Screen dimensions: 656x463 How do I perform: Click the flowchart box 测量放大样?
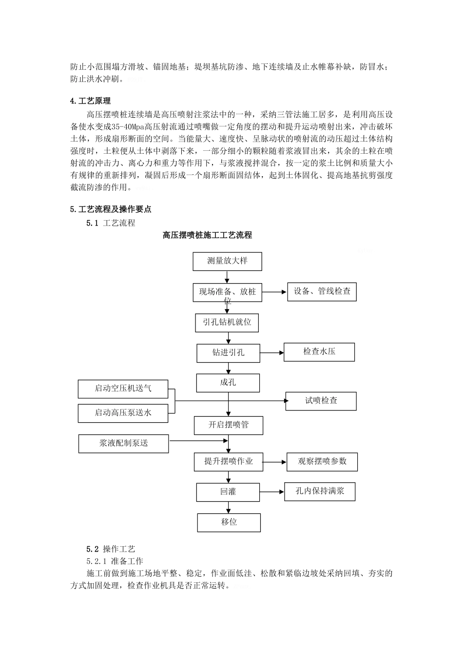[x=227, y=261]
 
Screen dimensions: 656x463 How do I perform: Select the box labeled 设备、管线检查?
[x=322, y=292]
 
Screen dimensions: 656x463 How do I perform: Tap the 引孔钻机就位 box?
[x=227, y=323]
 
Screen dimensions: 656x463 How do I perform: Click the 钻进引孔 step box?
[x=228, y=353]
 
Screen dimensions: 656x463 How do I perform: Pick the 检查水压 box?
[x=319, y=352]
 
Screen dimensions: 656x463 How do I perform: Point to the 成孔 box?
[x=228, y=383]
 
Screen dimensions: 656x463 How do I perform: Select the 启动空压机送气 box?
[x=123, y=389]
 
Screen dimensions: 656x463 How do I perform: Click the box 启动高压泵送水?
[x=123, y=413]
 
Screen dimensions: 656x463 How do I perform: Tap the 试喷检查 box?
[x=321, y=401]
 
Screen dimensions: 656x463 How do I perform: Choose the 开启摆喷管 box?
[x=229, y=425]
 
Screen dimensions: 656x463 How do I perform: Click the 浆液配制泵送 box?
[x=123, y=444]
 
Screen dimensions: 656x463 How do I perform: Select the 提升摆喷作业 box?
[x=229, y=462]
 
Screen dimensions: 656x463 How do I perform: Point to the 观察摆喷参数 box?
[x=322, y=462]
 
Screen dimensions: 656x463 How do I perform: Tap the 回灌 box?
[x=228, y=492]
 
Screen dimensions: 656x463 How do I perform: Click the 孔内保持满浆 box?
[x=320, y=492]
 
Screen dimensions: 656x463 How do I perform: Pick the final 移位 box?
[x=229, y=522]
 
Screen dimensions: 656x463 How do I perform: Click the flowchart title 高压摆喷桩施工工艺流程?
[x=207, y=235]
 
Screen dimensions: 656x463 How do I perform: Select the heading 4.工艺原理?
[x=91, y=101]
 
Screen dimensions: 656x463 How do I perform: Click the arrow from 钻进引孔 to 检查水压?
[x=272, y=352]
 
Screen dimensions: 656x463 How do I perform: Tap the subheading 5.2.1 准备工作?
[x=115, y=561]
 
